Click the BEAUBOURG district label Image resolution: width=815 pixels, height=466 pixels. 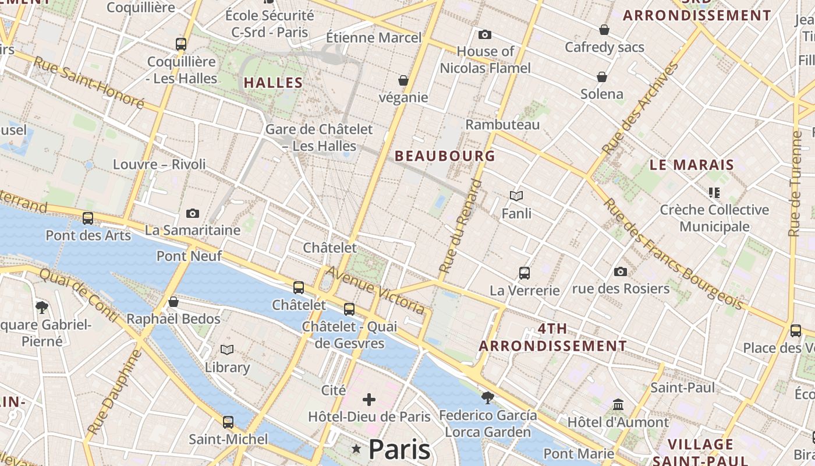tap(445, 156)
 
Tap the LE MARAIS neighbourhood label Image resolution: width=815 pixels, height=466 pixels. tap(692, 165)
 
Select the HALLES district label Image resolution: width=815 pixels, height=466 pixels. tap(273, 83)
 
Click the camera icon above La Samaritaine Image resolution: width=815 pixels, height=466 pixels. tap(193, 214)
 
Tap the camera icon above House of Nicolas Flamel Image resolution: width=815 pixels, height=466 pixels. tap(484, 35)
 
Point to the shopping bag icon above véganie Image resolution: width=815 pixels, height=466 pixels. tap(403, 80)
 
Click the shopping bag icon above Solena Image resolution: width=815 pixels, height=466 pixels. tap(602, 77)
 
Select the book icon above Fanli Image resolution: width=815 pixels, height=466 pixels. tap(516, 196)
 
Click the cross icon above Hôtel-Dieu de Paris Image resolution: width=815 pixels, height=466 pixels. tap(369, 400)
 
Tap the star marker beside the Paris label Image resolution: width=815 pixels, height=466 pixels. tap(356, 449)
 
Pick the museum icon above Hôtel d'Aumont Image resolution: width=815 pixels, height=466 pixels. tap(618, 404)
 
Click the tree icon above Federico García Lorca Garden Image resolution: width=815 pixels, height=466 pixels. tap(488, 398)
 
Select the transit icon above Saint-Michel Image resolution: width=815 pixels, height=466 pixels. tap(228, 422)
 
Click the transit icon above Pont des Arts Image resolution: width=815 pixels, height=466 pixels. tap(88, 218)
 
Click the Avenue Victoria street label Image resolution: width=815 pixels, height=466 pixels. tap(375, 290)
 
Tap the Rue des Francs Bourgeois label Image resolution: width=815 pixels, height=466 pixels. tap(673, 255)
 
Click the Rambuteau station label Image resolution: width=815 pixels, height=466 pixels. tap(502, 125)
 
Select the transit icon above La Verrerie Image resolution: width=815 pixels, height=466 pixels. tap(525, 273)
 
